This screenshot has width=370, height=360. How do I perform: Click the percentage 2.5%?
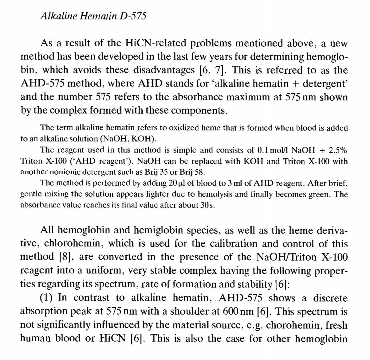pos(338,150)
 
